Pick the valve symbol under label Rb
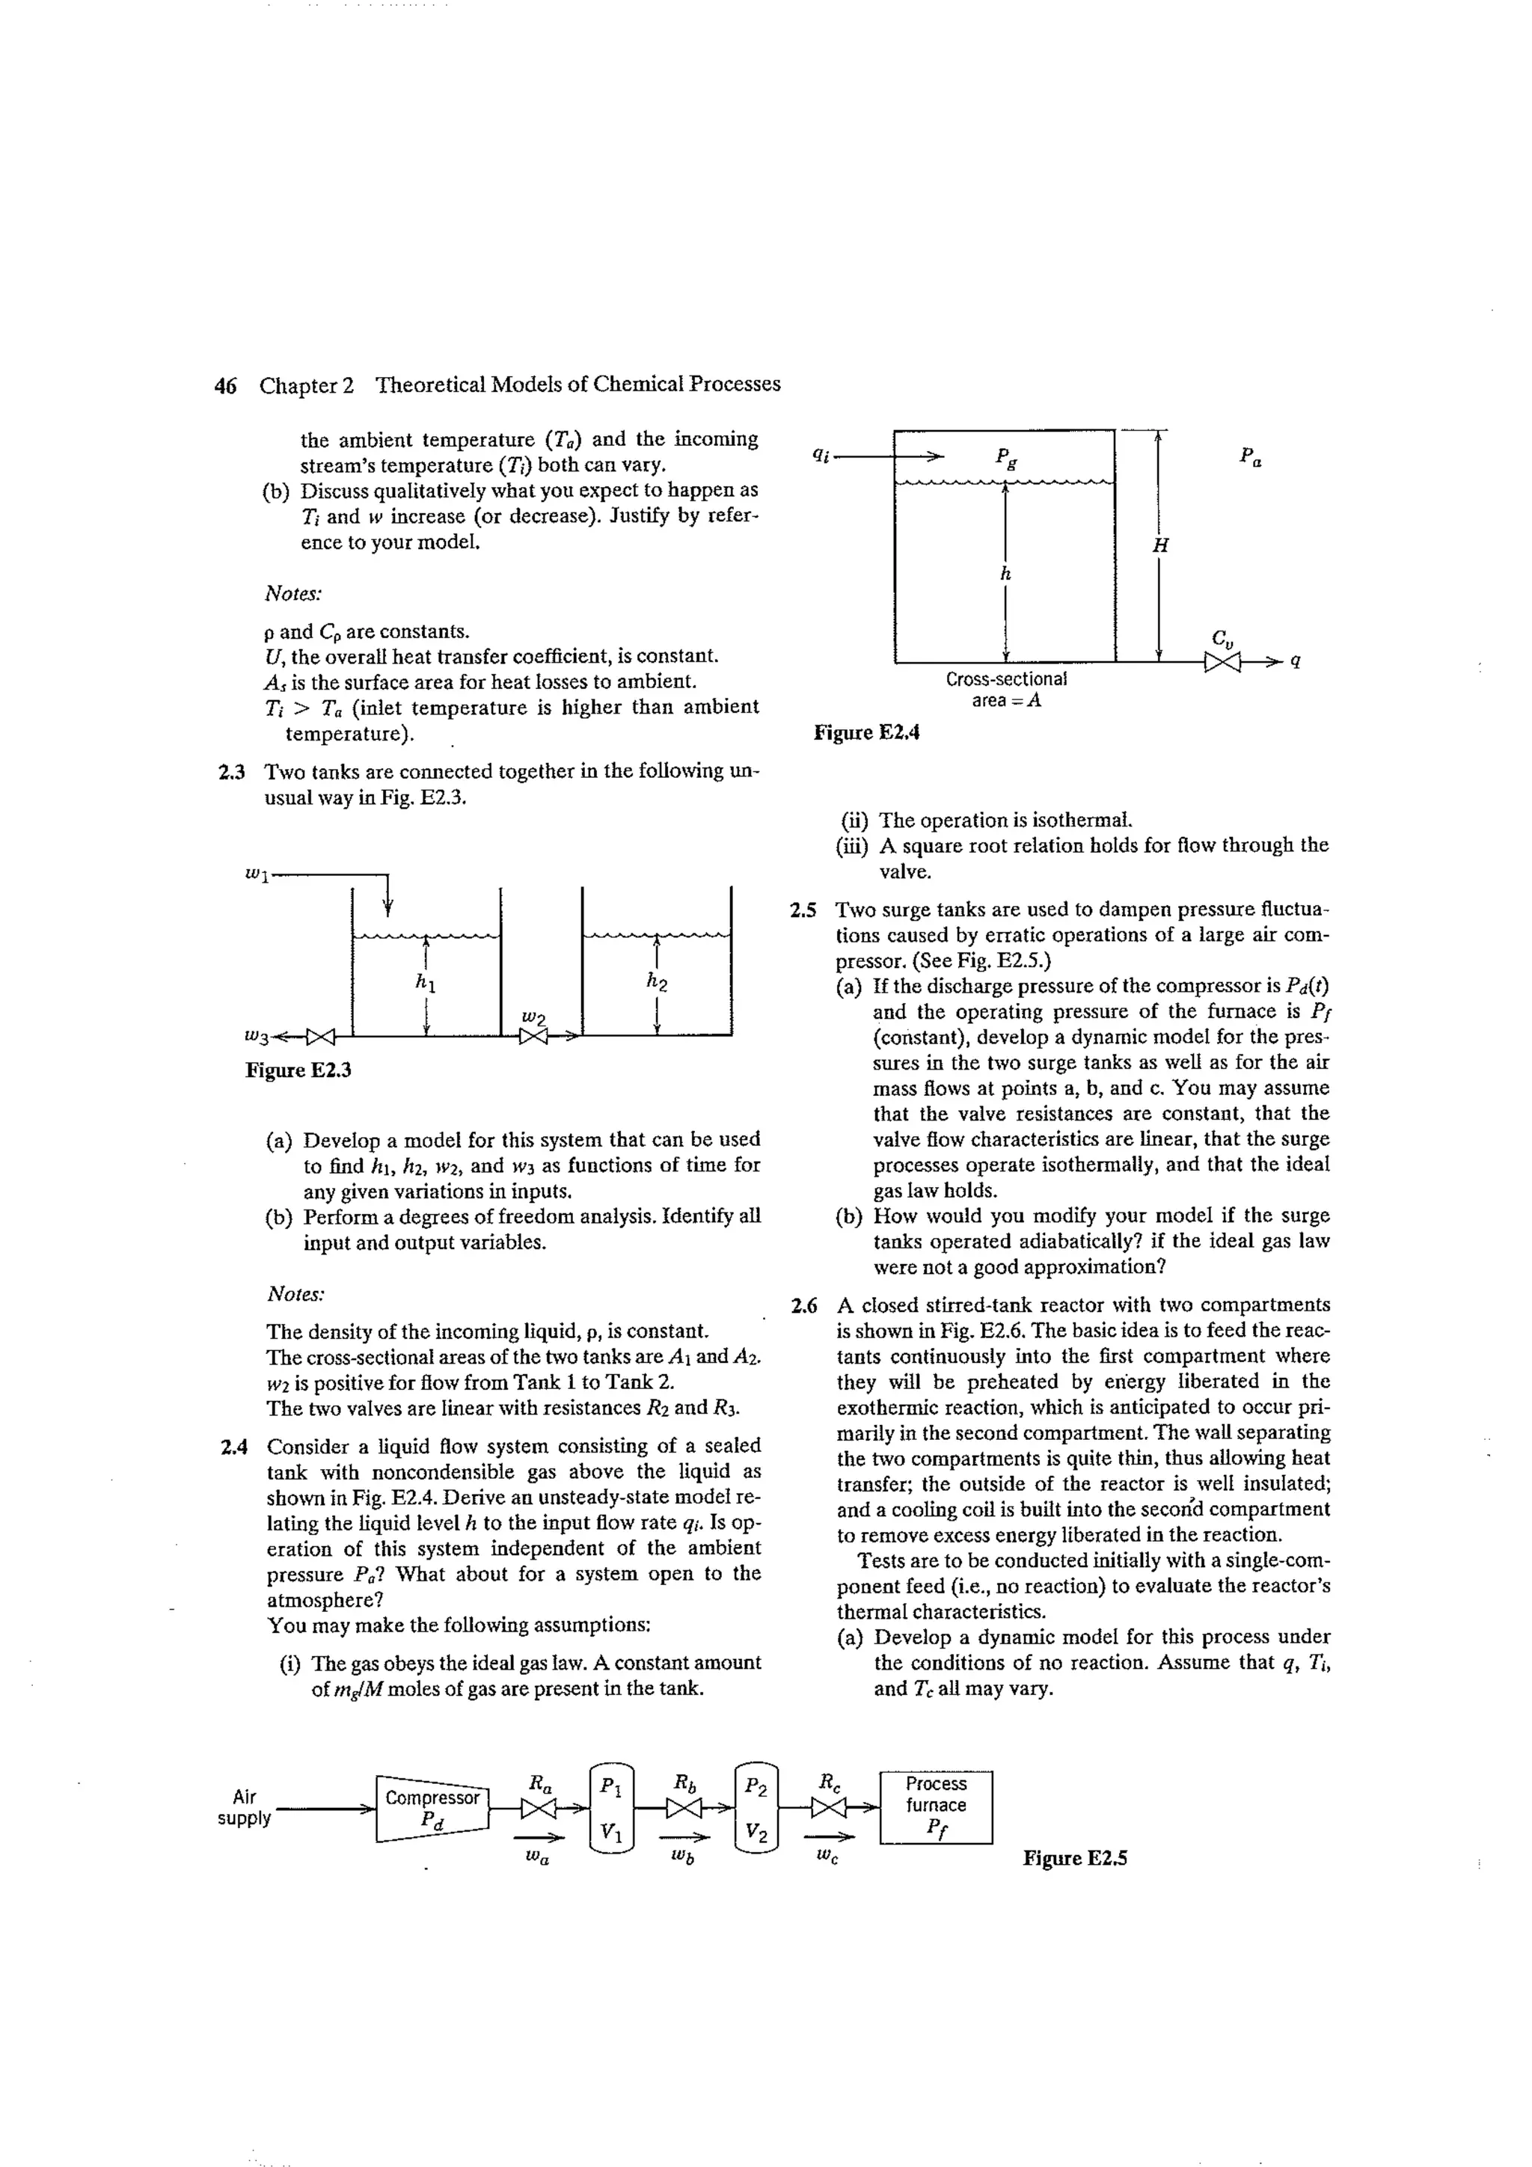pos(682,1809)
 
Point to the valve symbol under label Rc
pos(828,1809)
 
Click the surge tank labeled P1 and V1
pos(612,1809)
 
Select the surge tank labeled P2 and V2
pos(755,1809)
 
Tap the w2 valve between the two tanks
pos(534,1036)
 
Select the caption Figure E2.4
pos(865,732)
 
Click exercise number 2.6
pos(804,1306)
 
